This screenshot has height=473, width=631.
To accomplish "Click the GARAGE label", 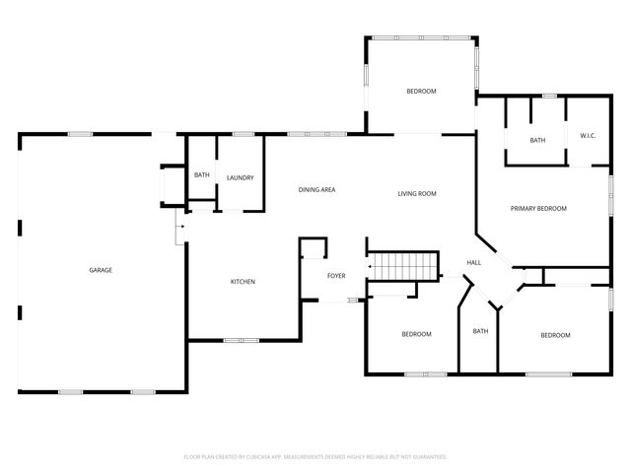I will coord(100,270).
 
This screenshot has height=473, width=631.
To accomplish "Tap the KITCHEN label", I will coord(243,282).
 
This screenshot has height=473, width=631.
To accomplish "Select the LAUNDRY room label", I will coord(240,177).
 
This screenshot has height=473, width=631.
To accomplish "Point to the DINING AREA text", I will coord(317,189).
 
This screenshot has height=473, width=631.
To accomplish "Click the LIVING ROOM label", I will coord(417,193).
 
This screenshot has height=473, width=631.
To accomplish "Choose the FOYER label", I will coord(336,275).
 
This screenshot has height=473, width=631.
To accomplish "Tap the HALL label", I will coord(473,262).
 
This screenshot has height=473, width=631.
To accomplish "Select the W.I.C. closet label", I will coord(588,135).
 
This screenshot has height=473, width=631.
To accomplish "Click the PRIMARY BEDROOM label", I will coord(538,208).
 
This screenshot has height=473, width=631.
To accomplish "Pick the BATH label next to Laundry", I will coord(201,175).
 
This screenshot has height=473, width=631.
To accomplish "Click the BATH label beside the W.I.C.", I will coord(537,140).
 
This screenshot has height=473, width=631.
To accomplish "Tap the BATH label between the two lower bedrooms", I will coord(480,331).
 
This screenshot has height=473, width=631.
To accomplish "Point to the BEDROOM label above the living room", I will coord(421,91).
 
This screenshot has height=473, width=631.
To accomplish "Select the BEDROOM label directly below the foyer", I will coord(416,334).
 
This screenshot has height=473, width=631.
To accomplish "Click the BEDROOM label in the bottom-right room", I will coord(555,335).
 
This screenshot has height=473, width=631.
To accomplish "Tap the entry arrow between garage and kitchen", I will coord(179,230).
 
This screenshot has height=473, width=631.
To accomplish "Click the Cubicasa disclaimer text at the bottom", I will coord(315,456).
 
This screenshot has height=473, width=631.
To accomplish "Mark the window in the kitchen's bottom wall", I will coord(240,341).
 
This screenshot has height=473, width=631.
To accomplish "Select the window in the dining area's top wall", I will coord(317,133).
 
